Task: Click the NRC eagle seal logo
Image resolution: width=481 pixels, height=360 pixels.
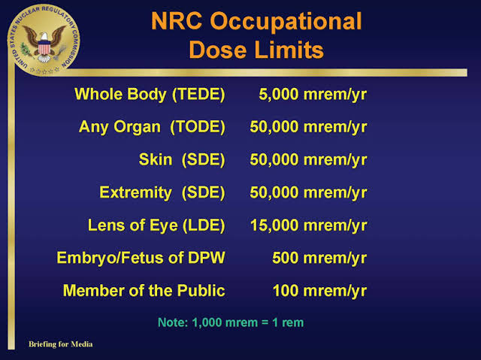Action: pos(44,40)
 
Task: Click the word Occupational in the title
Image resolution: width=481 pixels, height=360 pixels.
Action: pos(286,22)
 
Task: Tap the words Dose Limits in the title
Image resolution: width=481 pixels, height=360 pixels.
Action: pos(256,50)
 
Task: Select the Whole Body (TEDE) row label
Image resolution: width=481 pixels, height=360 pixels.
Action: pos(150,94)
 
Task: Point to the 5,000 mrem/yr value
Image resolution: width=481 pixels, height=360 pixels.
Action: pos(313,94)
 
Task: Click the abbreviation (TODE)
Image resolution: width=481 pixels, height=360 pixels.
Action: pos(198,127)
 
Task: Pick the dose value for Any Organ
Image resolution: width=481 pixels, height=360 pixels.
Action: pos(308,127)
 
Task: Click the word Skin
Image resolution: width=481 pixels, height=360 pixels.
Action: pos(156,159)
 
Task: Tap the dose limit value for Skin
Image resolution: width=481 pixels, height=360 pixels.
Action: pos(308,160)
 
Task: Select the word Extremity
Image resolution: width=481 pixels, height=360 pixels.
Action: pos(135,192)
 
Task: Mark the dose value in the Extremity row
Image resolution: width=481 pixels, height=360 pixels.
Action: pos(308,192)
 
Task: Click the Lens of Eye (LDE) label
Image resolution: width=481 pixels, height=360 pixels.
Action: pos(156,225)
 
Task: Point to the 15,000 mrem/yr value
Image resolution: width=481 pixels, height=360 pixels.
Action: pos(309,225)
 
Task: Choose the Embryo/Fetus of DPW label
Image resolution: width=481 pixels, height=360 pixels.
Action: pos(141,258)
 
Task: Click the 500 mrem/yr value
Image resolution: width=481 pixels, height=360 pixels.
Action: pos(319,259)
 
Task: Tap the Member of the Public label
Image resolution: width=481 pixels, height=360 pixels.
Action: pos(144,290)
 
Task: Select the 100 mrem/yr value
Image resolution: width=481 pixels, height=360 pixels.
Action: pos(319,291)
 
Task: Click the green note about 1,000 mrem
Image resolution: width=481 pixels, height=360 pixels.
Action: pos(231,322)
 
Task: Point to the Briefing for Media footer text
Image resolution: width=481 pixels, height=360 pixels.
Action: pos(61,344)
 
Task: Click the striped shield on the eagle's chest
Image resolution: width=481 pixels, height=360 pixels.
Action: pos(44,49)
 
